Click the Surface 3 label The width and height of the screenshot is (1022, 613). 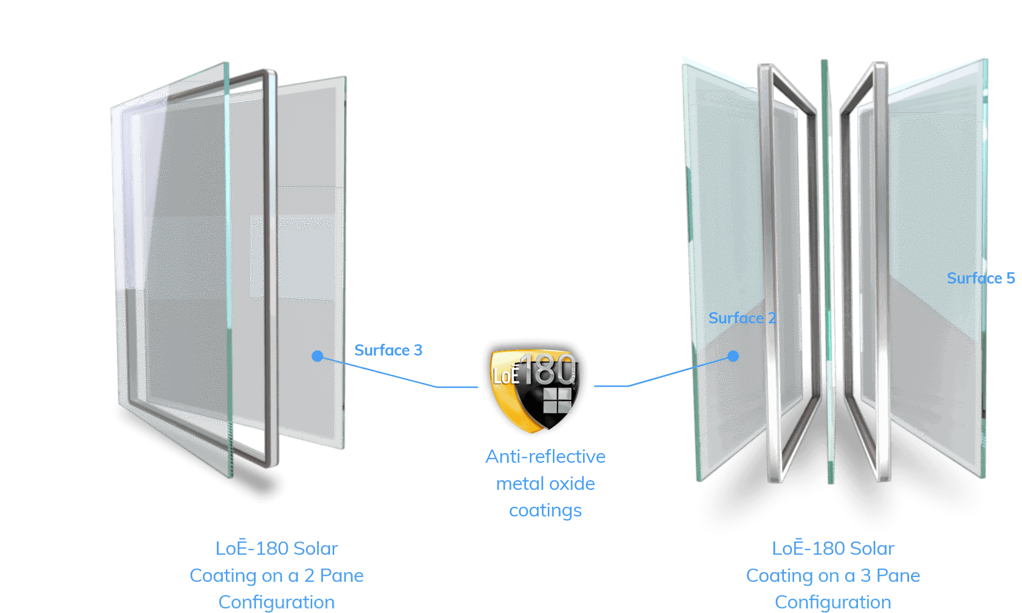pyautogui.click(x=388, y=350)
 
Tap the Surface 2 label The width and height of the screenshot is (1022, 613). pyautogui.click(x=742, y=318)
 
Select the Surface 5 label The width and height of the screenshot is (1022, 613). pyautogui.click(x=981, y=278)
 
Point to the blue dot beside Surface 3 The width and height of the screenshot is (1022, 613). pyautogui.click(x=317, y=356)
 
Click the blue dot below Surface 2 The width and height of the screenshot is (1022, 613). pyautogui.click(x=733, y=356)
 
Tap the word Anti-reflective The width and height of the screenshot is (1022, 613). pyautogui.click(x=545, y=457)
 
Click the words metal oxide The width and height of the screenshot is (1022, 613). pyautogui.click(x=545, y=484)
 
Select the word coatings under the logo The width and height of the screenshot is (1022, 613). pyautogui.click(x=545, y=511)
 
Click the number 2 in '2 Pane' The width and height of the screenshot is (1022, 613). pyautogui.click(x=309, y=576)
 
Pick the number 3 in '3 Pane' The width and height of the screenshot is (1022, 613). pyautogui.click(x=866, y=576)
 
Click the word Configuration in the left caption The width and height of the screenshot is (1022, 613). pyautogui.click(x=276, y=602)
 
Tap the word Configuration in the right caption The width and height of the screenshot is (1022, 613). pyautogui.click(x=833, y=602)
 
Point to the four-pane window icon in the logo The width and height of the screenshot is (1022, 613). pyautogui.click(x=557, y=400)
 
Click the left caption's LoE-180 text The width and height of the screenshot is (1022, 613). pyautogui.click(x=253, y=549)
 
